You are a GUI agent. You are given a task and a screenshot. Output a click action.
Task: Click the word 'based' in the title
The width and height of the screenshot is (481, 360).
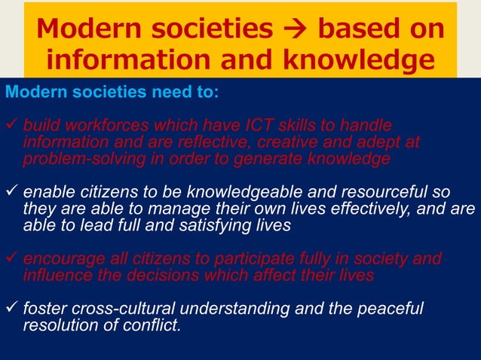pyautogui.click(x=353, y=29)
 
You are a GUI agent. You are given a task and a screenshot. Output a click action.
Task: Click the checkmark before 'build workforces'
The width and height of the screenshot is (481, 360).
pyautogui.click(x=11, y=124)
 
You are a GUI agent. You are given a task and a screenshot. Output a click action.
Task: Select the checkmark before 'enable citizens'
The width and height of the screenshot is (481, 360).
pyautogui.click(x=11, y=191)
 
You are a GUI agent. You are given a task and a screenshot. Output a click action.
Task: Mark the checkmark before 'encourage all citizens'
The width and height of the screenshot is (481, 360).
pyautogui.click(x=11, y=258)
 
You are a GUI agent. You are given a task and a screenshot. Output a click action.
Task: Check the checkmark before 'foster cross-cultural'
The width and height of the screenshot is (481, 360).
pyautogui.click(x=11, y=309)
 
